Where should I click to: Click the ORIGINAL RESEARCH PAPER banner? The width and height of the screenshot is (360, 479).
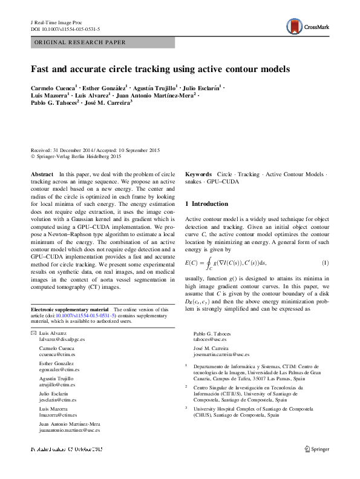click(80, 42)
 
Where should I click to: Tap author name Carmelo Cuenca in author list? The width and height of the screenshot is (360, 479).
click(52, 88)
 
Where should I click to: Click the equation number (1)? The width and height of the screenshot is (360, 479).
click(325, 262)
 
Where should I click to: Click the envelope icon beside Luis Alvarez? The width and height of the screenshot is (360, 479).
click(33, 334)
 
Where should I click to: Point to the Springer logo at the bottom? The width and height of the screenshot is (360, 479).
click(317, 449)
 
